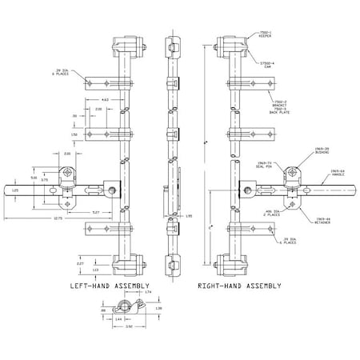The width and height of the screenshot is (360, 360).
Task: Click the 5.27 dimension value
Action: [x=95, y=212]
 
